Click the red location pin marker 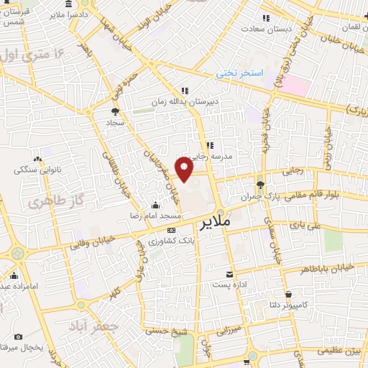pos(185,170)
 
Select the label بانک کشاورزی pos(171,240)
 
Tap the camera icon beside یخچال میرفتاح pos(17,336)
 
